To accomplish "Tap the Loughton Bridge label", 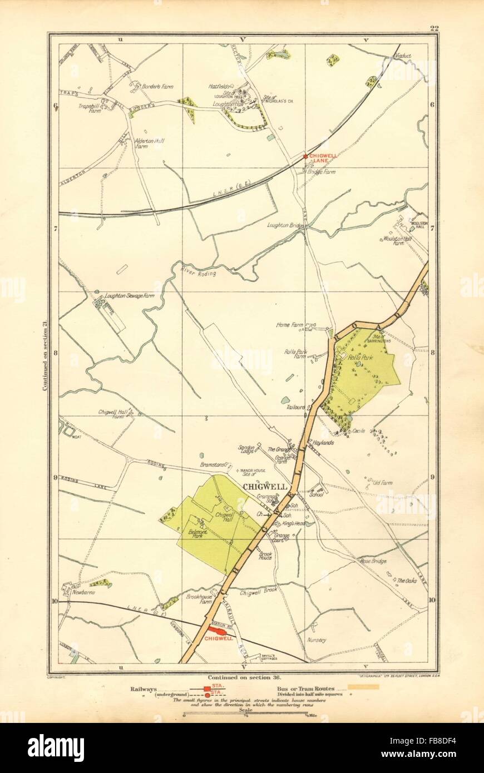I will pyautogui.click(x=285, y=226).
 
